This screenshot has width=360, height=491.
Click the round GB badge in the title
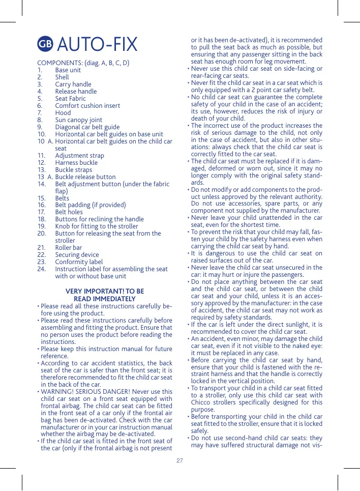[45, 45]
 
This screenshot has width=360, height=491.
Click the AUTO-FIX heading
[97, 45]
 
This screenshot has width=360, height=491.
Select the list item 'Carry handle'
[73, 84]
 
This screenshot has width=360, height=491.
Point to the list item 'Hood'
[63, 113]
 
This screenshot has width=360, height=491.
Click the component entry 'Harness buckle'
[76, 163]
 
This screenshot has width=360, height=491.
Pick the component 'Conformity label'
[79, 262]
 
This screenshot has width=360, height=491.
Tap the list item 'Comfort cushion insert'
[87, 106]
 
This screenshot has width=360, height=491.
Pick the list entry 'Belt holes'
[69, 212]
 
